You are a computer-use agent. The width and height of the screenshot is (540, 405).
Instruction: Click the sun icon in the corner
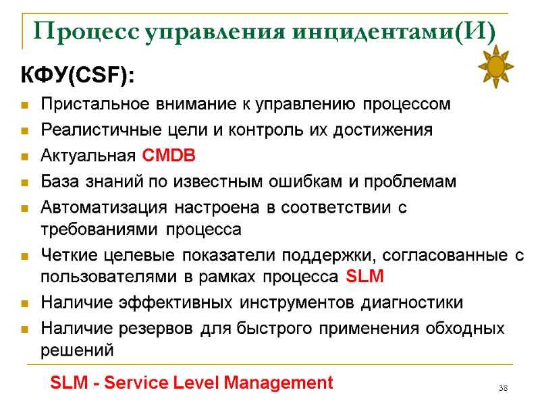click(x=496, y=66)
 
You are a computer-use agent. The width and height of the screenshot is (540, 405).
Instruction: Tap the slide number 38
click(x=503, y=388)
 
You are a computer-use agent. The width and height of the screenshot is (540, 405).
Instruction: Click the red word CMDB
click(x=169, y=157)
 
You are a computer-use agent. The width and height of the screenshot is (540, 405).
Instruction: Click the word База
click(x=59, y=182)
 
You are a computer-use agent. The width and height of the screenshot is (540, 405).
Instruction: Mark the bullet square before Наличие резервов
click(x=25, y=330)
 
